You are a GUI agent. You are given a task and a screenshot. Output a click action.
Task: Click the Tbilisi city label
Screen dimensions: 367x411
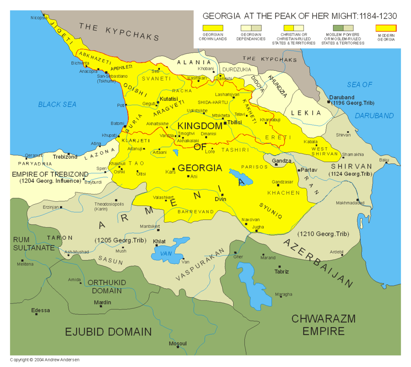click(x=234, y=122)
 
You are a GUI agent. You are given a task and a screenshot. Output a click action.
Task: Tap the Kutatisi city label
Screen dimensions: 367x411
click(x=169, y=99)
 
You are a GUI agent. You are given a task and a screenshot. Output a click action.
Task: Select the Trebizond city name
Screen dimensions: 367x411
click(x=65, y=157)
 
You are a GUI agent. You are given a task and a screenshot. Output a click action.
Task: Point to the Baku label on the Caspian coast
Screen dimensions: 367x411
click(x=385, y=160)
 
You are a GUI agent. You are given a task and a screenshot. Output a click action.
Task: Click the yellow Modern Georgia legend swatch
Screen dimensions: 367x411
click(x=386, y=28)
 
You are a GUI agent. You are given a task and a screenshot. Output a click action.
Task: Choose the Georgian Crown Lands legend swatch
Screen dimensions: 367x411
click(x=213, y=28)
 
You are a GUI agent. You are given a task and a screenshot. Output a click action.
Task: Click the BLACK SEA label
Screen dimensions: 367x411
click(x=57, y=104)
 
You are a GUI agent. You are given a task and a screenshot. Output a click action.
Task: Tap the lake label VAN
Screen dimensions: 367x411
click(x=166, y=254)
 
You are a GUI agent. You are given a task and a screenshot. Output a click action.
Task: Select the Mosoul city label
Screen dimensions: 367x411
click(x=178, y=344)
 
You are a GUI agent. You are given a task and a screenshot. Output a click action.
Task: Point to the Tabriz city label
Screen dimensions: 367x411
click(x=281, y=271)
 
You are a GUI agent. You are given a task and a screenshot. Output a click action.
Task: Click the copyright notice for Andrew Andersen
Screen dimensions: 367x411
click(x=45, y=360)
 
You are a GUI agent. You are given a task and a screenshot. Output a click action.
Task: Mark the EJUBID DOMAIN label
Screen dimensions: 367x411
click(x=108, y=332)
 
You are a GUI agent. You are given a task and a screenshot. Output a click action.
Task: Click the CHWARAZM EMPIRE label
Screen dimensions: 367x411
click(x=324, y=325)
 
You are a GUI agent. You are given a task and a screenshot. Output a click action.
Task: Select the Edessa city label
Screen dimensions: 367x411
click(x=41, y=310)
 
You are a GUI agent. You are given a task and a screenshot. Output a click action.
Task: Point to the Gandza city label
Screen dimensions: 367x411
click(x=281, y=161)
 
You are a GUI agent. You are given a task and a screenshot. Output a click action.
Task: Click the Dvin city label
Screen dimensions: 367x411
click(x=220, y=199)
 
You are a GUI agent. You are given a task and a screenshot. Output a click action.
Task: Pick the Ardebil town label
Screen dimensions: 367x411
click(x=337, y=252)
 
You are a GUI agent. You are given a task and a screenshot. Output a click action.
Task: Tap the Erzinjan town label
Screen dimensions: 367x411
click(x=51, y=207)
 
